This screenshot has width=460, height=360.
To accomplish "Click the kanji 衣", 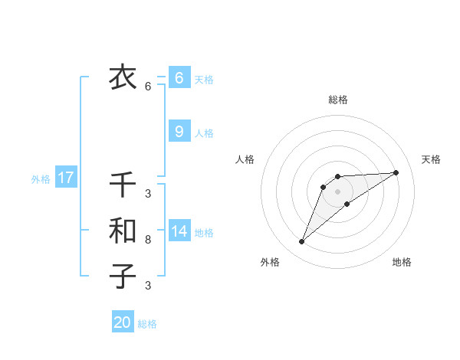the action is click(122, 77).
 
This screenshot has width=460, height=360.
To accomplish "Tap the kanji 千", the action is click(122, 185).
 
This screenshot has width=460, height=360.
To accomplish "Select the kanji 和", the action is click(122, 231).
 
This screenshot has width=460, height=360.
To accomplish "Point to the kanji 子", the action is click(122, 276).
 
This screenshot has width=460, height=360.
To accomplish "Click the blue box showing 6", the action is click(179, 78).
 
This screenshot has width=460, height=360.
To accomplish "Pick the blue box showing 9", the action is click(179, 132).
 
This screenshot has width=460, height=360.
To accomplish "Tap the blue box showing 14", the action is click(179, 231).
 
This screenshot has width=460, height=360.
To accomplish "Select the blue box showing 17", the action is click(65, 178).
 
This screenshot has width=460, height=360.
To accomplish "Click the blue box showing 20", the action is click(122, 322).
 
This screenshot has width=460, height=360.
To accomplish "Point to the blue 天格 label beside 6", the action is click(204, 79).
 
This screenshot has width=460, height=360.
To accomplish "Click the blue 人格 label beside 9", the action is click(204, 133).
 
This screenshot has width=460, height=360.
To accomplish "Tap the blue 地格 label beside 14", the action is click(204, 232).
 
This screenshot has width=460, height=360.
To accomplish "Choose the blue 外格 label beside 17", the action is click(41, 179).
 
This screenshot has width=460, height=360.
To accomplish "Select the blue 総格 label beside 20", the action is click(147, 323).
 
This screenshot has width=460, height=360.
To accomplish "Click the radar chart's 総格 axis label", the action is click(337, 100).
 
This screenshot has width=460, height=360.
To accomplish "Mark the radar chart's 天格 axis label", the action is click(431, 159).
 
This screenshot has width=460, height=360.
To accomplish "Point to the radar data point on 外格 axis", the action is click(302, 242).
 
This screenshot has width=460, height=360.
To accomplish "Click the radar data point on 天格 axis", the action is click(396, 172).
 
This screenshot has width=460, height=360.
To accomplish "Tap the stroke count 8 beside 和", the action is click(148, 240).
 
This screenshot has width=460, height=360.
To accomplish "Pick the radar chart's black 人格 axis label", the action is click(245, 159).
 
